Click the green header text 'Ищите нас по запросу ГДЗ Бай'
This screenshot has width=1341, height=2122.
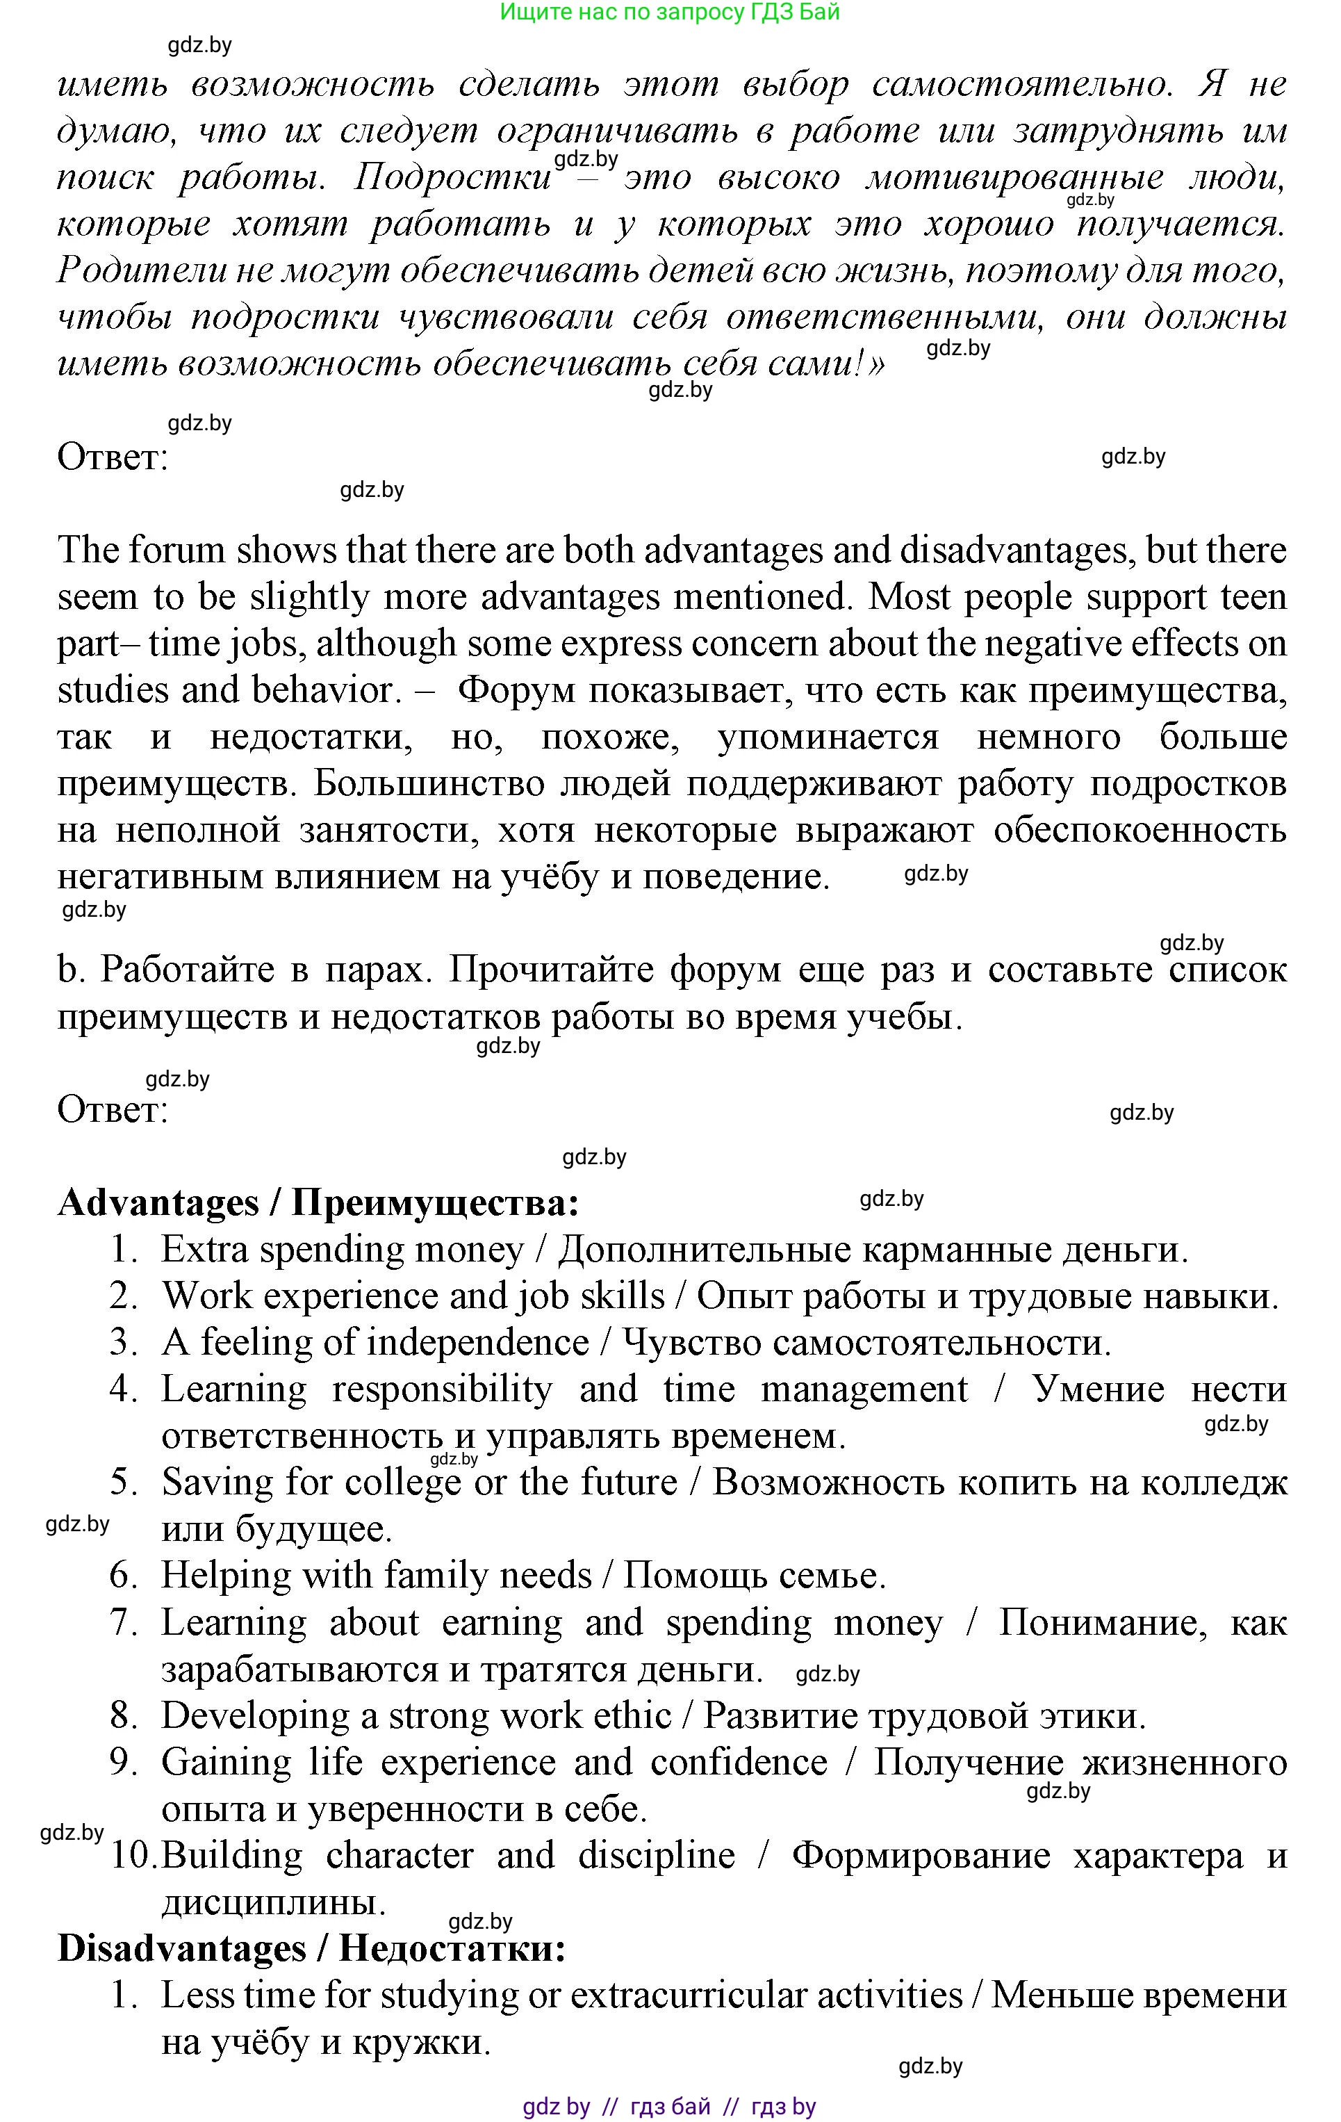click(670, 13)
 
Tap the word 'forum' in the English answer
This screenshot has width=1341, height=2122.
click(174, 550)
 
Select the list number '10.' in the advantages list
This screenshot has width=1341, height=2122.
click(133, 1855)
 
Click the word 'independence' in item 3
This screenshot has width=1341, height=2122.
click(477, 1342)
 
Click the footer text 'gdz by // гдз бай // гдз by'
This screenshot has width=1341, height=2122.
click(670, 2107)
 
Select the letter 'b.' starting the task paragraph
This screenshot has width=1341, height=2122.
click(70, 970)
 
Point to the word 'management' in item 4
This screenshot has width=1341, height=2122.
click(864, 1389)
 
